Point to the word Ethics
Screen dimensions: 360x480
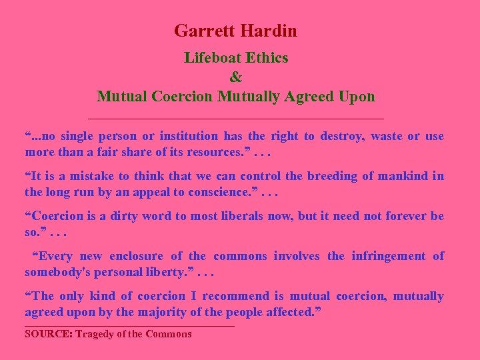pos(267,58)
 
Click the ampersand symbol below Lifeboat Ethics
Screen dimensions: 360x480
pos(235,77)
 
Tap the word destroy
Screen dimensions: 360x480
pos(341,136)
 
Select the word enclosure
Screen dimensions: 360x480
pos(136,256)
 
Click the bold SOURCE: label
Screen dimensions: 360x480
pos(49,334)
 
